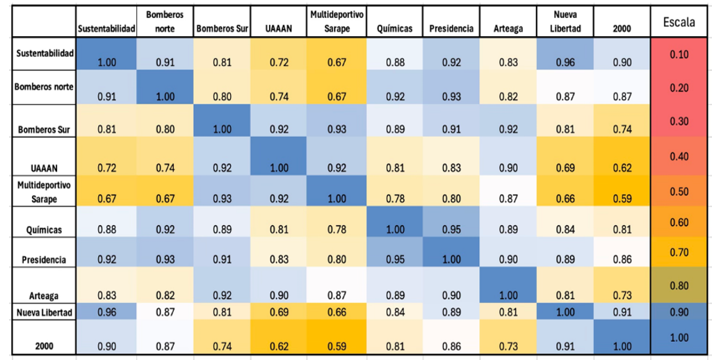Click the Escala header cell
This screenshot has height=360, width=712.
point(679,22)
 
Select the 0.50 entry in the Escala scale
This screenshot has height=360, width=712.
point(679,190)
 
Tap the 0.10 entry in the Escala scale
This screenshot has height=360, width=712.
point(679,54)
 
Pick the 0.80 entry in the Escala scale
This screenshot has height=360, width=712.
point(679,286)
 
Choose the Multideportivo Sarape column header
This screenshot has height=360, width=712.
point(337,22)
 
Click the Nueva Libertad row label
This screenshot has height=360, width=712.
point(44,312)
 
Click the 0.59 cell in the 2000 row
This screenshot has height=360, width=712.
point(337,337)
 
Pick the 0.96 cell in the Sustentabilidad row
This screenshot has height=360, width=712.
point(565,54)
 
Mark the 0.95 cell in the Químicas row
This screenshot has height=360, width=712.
point(451,222)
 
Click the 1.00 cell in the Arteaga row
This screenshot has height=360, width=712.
point(508,286)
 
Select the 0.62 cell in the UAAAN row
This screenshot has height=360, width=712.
point(622,156)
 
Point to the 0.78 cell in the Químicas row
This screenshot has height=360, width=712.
point(337,222)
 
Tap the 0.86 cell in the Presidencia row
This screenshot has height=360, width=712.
point(622,252)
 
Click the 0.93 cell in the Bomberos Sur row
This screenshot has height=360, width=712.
point(337,120)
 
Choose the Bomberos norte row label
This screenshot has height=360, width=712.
point(44,87)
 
